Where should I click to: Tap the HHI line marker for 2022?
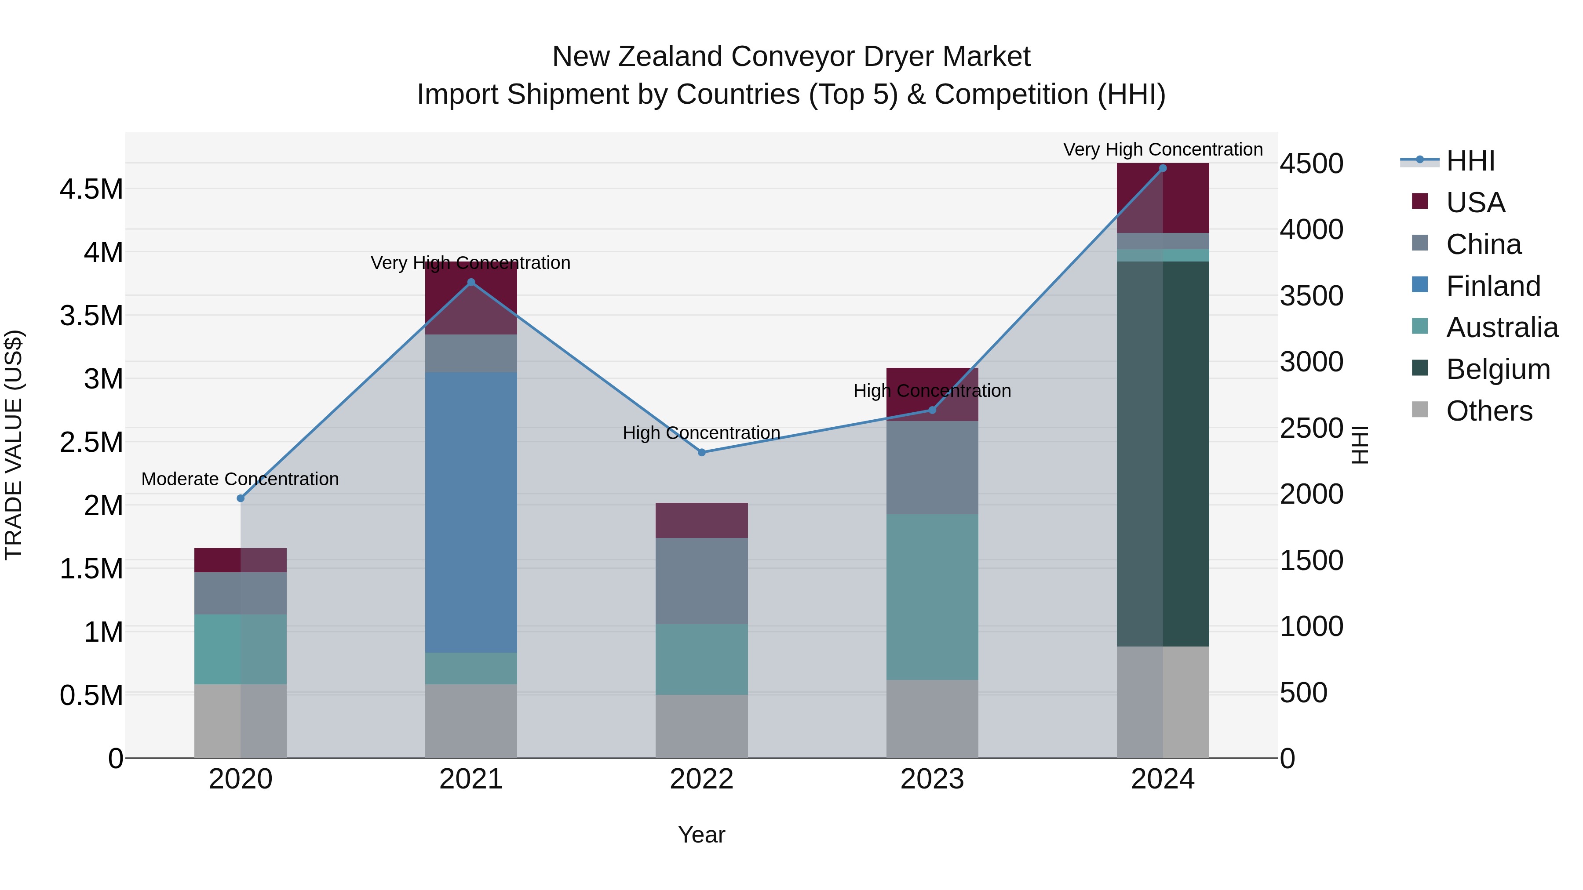702,452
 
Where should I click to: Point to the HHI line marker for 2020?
240,498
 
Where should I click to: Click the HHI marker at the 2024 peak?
1163,168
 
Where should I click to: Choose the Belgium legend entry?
1498,369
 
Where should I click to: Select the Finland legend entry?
1493,286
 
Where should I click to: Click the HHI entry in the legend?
1470,161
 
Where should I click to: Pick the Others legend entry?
1489,411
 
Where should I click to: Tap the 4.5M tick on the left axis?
91,189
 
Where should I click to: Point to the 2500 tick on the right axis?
1311,428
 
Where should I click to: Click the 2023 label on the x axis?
932,779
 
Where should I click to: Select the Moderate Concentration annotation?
240,479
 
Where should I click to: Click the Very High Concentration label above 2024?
1163,150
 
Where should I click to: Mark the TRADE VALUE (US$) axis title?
14,445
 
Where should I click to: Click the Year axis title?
701,835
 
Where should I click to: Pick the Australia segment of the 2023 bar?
932,596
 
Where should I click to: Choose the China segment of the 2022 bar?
702,581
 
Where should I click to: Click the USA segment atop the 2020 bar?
240,559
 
